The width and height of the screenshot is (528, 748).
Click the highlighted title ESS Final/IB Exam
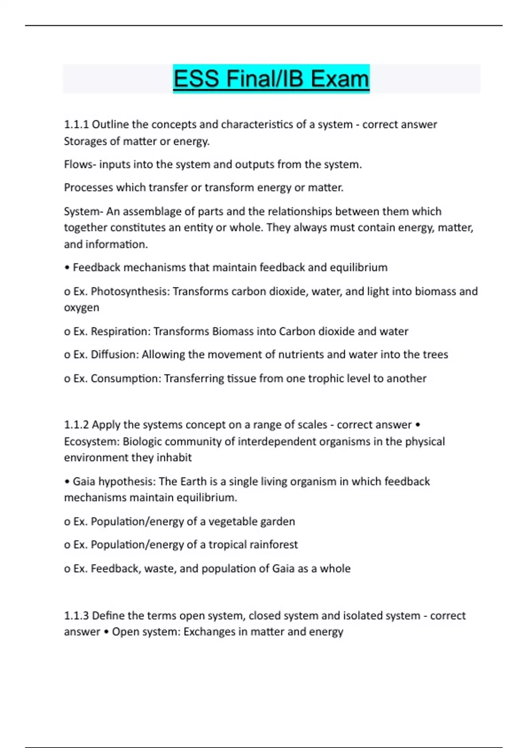[x=271, y=79]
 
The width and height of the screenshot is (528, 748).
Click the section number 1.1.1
[x=76, y=125]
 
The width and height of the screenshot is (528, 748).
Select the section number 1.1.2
[x=76, y=425]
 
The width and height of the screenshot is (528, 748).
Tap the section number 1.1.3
[x=76, y=615]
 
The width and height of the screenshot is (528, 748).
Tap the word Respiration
[x=120, y=331]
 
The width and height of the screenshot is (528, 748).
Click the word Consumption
[x=126, y=378]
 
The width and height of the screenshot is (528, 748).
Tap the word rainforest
[x=273, y=545]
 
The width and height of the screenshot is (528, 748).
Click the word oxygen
[x=81, y=308]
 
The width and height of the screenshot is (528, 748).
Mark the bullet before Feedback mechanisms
[x=67, y=268]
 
